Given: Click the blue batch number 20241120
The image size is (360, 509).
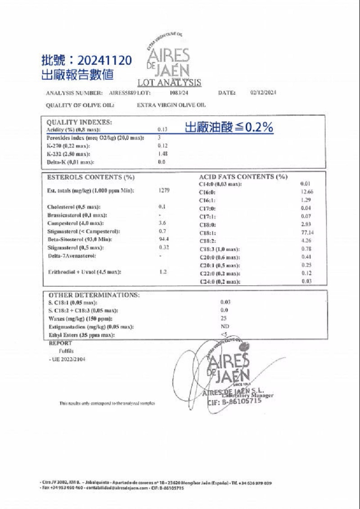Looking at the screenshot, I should click(x=104, y=60).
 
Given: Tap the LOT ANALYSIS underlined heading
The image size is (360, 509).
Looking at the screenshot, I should click(x=169, y=83).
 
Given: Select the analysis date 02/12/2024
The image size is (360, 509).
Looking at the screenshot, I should click(x=263, y=93).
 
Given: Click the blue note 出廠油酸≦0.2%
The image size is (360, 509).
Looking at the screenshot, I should click(x=229, y=128).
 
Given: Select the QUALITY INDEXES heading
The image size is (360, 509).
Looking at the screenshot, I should click(x=80, y=122).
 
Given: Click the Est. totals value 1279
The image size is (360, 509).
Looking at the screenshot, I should click(x=164, y=191).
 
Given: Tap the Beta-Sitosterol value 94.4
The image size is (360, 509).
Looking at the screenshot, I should click(x=164, y=239).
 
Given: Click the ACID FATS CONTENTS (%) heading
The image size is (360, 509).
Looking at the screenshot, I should click(x=243, y=177).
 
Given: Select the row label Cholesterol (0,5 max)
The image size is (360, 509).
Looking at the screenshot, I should click(x=74, y=207).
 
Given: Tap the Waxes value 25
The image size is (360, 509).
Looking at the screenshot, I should click(x=224, y=318).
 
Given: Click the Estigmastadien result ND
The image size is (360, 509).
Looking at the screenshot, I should click(x=225, y=326).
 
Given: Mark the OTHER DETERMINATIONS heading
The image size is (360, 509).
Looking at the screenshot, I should click(x=94, y=295).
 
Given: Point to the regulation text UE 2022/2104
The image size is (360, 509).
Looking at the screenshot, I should click(x=67, y=359).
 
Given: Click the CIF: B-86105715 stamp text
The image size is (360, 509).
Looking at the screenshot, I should click(x=234, y=402).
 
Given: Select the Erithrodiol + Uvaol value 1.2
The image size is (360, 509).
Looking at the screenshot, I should click(x=163, y=272).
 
